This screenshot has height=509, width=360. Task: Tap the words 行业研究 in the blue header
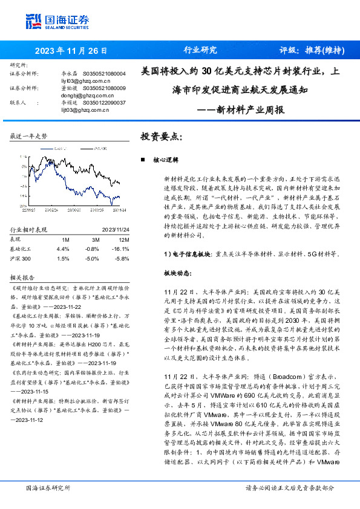coord(200,51)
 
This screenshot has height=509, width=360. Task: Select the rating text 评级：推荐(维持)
coord(309,51)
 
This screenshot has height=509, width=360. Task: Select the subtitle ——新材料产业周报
coord(242,111)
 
